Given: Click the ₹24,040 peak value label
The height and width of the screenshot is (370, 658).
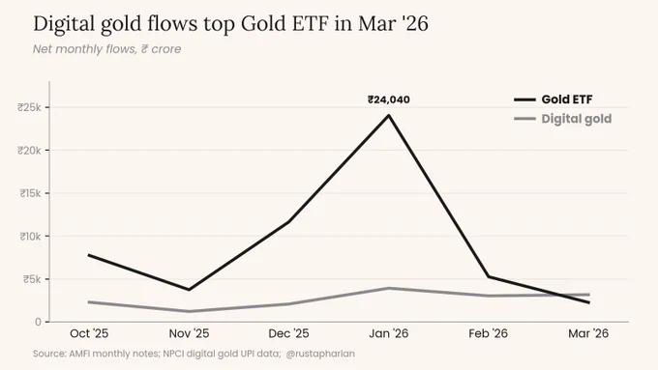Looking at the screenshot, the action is pyautogui.click(x=389, y=100).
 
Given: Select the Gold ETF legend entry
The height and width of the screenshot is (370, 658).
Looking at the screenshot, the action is pyautogui.click(x=553, y=100).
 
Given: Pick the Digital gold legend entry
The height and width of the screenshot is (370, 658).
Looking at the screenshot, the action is pyautogui.click(x=563, y=119).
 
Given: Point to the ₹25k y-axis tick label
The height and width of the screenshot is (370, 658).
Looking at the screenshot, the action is pyautogui.click(x=29, y=107).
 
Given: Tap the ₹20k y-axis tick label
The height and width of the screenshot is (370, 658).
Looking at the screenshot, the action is pyautogui.click(x=29, y=150).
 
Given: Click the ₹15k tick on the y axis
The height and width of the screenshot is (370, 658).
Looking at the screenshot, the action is pyautogui.click(x=30, y=193).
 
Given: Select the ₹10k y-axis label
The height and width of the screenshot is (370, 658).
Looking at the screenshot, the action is pyautogui.click(x=30, y=237).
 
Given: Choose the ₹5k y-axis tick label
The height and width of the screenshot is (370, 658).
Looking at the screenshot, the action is pyautogui.click(x=32, y=279).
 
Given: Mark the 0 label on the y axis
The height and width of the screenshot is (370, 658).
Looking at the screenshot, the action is pyautogui.click(x=38, y=322).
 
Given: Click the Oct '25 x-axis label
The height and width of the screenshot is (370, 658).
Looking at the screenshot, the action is pyautogui.click(x=89, y=333).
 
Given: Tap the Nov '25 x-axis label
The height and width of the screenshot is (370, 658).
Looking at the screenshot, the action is pyautogui.click(x=189, y=333).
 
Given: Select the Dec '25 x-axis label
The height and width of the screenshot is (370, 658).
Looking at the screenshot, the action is pyautogui.click(x=288, y=333).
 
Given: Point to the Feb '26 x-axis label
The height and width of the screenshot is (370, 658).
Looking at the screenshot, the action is pyautogui.click(x=488, y=333).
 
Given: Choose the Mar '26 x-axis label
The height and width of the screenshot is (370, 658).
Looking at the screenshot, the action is pyautogui.click(x=588, y=333).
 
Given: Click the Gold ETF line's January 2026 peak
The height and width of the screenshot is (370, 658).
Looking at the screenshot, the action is pyautogui.click(x=389, y=115).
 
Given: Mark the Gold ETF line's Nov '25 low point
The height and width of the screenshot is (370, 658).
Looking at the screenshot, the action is pyautogui.click(x=189, y=290).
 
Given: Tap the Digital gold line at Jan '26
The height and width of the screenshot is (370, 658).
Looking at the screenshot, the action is pyautogui.click(x=389, y=288).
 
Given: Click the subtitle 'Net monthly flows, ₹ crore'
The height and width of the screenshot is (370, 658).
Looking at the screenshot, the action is pyautogui.click(x=107, y=49).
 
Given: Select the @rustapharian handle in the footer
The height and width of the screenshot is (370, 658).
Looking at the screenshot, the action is pyautogui.click(x=320, y=354).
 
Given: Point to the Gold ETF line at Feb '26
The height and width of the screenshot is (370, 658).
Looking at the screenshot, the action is pyautogui.click(x=489, y=276).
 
